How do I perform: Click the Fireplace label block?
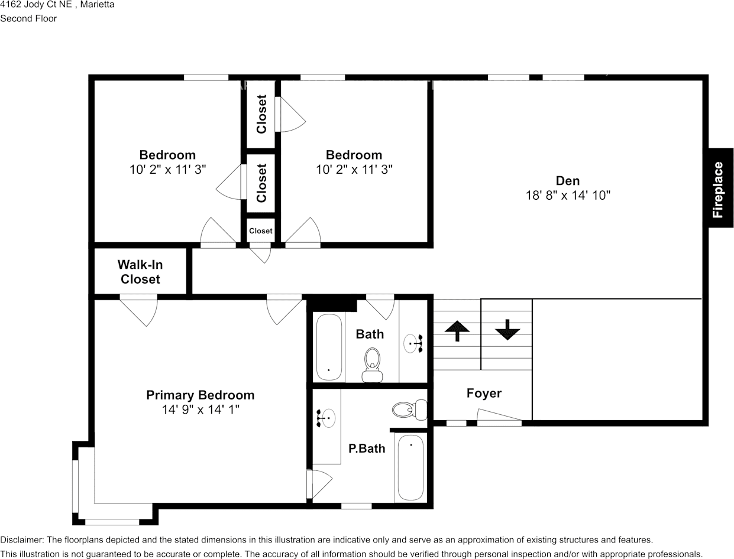[721, 188]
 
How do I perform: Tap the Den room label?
[567, 181]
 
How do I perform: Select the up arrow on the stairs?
[457, 331]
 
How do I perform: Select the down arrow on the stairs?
[507, 330]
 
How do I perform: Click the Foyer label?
[484, 394]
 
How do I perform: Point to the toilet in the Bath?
[372, 365]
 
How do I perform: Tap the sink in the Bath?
[413, 343]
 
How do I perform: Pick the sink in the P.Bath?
[326, 418]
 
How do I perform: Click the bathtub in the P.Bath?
[410, 467]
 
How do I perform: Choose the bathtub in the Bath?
[329, 347]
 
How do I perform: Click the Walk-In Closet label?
[140, 272]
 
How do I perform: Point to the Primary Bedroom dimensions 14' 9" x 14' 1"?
[201, 409]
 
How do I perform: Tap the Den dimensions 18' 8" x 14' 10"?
[568, 195]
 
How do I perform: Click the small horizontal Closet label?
[260, 230]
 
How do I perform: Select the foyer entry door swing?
[499, 417]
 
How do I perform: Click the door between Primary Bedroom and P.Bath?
[319, 484]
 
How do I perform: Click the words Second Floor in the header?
[28, 18]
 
